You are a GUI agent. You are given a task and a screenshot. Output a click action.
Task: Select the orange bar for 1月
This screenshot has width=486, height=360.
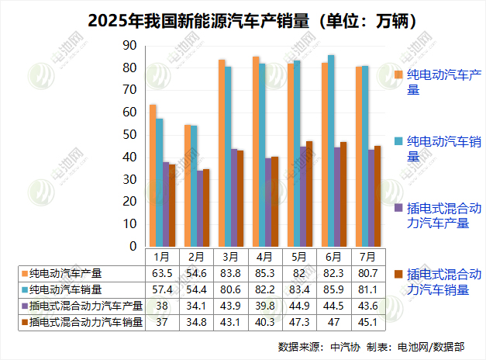[153, 175]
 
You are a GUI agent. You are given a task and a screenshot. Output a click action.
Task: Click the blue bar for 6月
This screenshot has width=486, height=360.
[332, 151]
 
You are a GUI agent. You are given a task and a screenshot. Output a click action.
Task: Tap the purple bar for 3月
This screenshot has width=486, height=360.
[233, 197]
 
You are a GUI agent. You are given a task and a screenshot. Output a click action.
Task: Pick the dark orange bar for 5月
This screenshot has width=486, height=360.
[310, 193]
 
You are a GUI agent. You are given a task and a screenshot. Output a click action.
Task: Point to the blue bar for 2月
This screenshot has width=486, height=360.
[194, 185]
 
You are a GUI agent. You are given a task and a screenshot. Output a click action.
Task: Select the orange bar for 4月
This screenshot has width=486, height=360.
[256, 151]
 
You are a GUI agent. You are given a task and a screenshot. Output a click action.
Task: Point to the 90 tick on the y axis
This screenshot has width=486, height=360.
[129, 46]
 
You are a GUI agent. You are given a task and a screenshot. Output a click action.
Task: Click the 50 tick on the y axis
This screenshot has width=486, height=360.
[129, 135]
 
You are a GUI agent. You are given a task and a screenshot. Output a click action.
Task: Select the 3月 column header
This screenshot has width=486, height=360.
[230, 255]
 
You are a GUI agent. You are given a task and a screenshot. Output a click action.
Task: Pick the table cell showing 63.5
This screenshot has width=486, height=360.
[163, 272]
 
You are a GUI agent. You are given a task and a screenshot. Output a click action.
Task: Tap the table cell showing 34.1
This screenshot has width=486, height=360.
[196, 305]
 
